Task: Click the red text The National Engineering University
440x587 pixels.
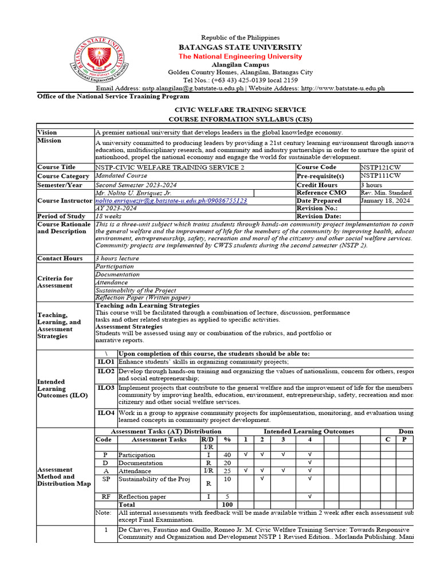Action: tap(240, 56)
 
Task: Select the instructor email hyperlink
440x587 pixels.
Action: tap(171, 201)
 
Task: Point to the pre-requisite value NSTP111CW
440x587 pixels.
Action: tap(380, 175)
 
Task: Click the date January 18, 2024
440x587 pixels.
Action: tap(385, 201)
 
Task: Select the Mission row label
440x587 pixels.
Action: tap(49, 140)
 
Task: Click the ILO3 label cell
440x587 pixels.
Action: tap(106, 388)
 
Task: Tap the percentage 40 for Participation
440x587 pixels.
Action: tap(227, 455)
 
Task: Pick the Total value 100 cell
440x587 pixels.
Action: tap(227, 504)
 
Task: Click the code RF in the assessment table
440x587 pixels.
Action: tap(106, 496)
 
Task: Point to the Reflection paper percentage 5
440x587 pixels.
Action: tap(227, 496)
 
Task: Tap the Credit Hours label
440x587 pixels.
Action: tap(317, 185)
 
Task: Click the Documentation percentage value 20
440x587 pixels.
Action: tap(227, 463)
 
